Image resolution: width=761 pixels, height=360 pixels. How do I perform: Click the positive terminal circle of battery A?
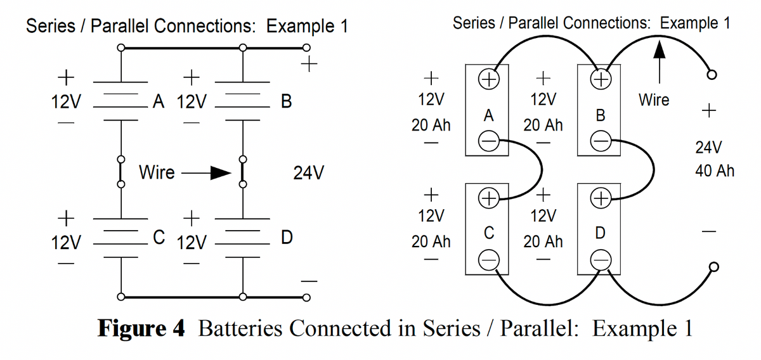pyautogui.click(x=488, y=80)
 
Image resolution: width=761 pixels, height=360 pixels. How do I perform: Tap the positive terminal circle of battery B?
pyautogui.click(x=600, y=80)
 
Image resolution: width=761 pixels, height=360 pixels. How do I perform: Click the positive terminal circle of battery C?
pyautogui.click(x=488, y=198)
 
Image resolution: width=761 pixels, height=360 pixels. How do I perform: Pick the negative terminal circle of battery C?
pyautogui.click(x=488, y=258)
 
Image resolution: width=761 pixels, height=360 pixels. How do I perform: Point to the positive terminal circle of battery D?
pyautogui.click(x=600, y=198)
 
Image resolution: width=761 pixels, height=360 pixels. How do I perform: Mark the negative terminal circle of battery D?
pyautogui.click(x=600, y=258)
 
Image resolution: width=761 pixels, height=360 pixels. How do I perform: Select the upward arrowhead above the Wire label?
pyautogui.click(x=660, y=51)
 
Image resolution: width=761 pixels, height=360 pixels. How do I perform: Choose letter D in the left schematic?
pyautogui.click(x=286, y=238)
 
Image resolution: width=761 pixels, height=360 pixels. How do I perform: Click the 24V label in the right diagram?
pyautogui.click(x=708, y=148)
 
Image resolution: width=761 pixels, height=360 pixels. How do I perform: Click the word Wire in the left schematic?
pyautogui.click(x=156, y=172)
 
